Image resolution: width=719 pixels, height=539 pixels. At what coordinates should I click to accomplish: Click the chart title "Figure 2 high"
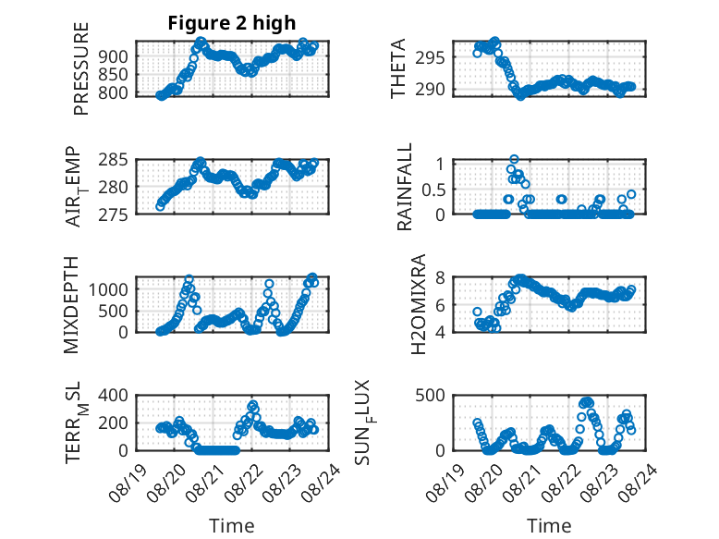232,23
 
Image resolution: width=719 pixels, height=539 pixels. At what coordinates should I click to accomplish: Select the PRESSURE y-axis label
80,68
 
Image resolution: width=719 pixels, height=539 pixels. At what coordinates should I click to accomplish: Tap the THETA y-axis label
398,68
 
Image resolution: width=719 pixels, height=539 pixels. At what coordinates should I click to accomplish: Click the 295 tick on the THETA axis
431,58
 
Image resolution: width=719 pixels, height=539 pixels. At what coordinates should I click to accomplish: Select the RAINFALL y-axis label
405,187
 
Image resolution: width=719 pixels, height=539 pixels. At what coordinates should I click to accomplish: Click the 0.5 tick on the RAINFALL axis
433,190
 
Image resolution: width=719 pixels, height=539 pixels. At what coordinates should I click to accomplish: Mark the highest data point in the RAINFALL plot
514,159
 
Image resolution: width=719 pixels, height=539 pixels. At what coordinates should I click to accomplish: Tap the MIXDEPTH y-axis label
71,304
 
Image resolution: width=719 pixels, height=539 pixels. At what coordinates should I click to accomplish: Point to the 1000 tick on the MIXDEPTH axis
109,289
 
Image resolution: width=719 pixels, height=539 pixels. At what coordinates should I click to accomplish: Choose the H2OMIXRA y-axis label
419,304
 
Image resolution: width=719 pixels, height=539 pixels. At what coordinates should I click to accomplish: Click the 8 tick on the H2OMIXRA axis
440,277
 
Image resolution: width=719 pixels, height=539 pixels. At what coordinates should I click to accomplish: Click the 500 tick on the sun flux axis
431,395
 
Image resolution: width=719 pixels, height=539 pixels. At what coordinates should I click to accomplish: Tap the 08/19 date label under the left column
128,484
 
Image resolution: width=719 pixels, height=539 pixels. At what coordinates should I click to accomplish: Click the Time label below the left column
232,525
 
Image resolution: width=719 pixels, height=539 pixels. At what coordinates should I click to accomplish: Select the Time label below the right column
549,525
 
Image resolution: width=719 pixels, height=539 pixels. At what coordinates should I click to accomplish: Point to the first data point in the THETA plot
477,54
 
